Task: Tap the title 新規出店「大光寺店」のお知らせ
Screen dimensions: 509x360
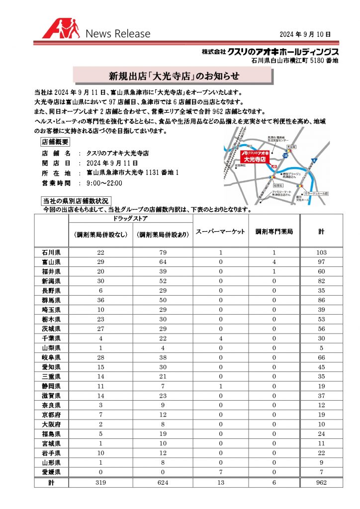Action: (x=174, y=76)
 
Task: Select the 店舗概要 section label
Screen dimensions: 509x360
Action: (x=58, y=142)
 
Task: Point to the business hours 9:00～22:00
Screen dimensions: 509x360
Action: (x=104, y=183)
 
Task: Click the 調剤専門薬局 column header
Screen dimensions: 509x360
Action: (x=274, y=232)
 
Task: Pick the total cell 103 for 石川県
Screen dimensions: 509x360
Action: (x=321, y=253)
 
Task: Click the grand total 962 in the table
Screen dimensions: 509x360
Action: (x=321, y=482)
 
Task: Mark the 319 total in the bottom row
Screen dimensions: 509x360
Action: (x=101, y=482)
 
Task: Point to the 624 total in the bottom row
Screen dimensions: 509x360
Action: (x=164, y=482)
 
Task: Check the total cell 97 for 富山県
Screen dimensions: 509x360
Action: (x=321, y=262)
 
